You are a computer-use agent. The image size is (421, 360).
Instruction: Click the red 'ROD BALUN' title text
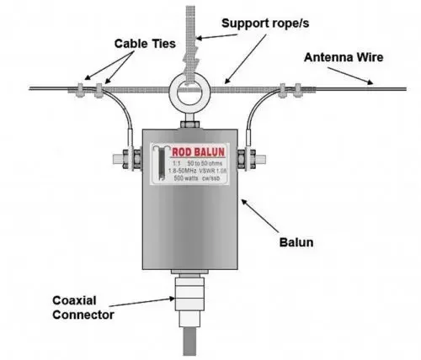(x=195, y=153)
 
